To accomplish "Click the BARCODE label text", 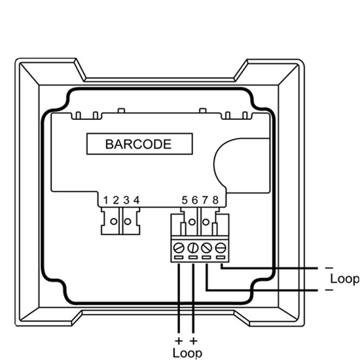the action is (138, 144).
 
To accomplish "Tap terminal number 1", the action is (105, 200).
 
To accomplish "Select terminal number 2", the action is (116, 200).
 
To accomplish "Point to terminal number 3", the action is (126, 200).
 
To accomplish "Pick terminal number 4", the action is (137, 200).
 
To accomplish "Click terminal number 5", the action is (185, 200).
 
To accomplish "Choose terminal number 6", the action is (194, 200).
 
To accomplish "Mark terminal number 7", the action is (205, 200).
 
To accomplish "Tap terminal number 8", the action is (215, 200).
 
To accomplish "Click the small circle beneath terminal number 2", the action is (114, 221).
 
